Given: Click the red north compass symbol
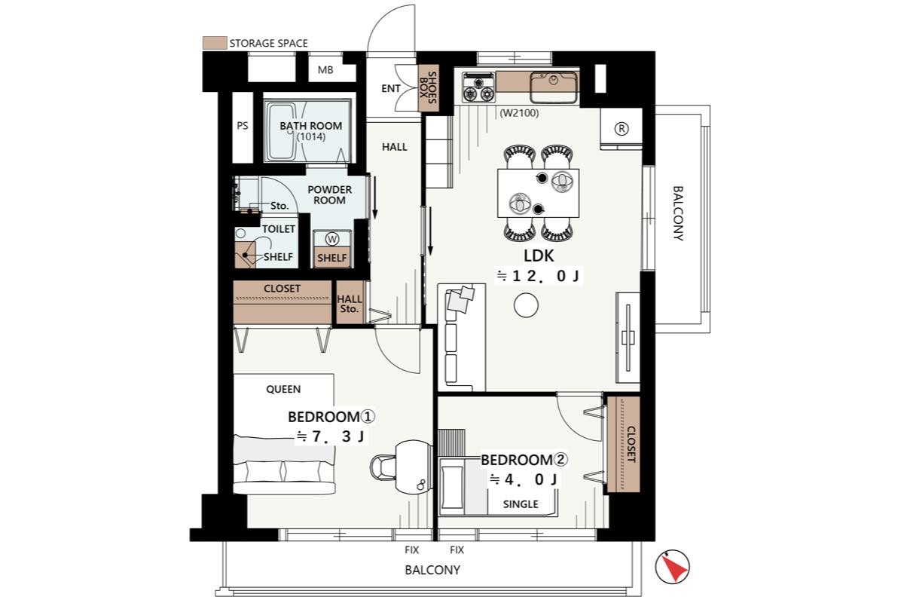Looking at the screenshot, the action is coord(672,567).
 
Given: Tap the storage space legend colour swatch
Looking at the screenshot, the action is coord(214,43).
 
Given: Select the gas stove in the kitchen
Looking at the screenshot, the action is coord(478,87).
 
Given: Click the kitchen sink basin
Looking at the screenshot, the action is coord(553,87).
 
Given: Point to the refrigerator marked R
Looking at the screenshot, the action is coord(621,129).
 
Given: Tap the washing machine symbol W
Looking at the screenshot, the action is coord(332,239).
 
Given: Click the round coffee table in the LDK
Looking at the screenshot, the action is coord(526,305).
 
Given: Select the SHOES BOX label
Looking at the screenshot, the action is coord(427,88).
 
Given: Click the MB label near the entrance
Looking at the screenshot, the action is coord(325,70).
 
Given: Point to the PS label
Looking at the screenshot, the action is coord(243,126).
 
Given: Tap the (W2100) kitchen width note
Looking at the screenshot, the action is coord(519,113).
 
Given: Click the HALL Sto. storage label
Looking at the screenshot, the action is coord(350,304).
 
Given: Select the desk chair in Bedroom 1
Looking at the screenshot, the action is coord(382,467).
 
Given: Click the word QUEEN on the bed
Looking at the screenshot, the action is coord(283,390).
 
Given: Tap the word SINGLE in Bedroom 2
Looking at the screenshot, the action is coord(521,504).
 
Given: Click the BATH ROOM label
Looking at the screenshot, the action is coord(310,126).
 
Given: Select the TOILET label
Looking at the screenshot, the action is coord(279,229).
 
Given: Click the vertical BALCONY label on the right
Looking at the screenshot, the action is coord(678,213).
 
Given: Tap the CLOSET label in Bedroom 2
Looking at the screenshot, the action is coord(631,444).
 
